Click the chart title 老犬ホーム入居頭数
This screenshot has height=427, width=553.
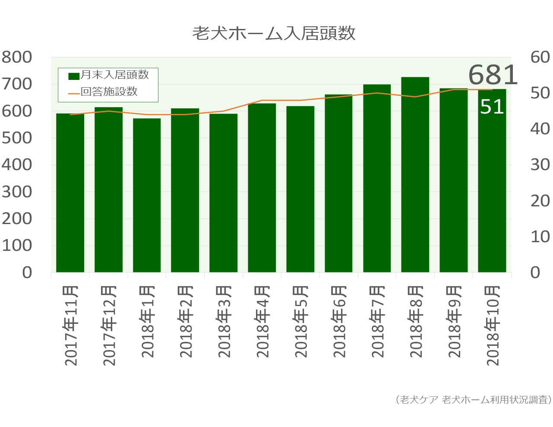click(274, 33)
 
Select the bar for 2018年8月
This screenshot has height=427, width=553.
click(415, 175)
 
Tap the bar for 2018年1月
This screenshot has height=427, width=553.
click(147, 195)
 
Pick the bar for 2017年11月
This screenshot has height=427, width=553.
click(70, 193)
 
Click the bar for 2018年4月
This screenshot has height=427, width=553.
click(262, 188)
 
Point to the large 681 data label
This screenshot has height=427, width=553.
click(493, 75)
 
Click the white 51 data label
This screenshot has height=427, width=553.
click(492, 107)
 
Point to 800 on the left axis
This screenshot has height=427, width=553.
click(17, 57)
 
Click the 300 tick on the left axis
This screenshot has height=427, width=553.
click(17, 192)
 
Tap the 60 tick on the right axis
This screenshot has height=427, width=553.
click(540, 57)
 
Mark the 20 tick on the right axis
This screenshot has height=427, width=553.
click(540, 201)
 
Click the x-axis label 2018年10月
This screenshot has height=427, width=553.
click(492, 326)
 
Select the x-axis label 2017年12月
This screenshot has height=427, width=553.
click(109, 326)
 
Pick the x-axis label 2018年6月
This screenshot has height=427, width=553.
click(339, 322)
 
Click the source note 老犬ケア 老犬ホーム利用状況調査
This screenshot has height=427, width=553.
click(473, 400)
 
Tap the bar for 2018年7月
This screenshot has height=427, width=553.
click(377, 178)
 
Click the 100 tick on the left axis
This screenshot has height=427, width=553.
click(17, 246)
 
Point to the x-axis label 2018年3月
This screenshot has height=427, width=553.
click(224, 322)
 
